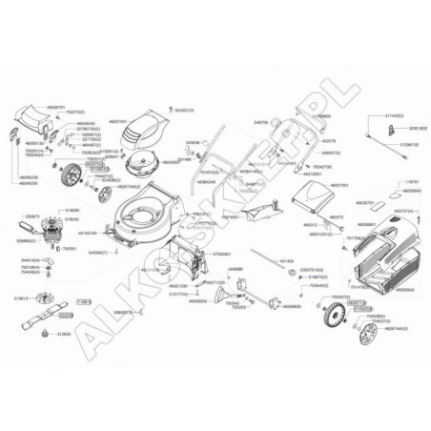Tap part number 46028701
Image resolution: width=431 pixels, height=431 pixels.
56,108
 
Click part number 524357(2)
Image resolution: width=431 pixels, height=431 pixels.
184,110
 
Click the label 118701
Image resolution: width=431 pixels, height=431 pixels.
412,180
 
